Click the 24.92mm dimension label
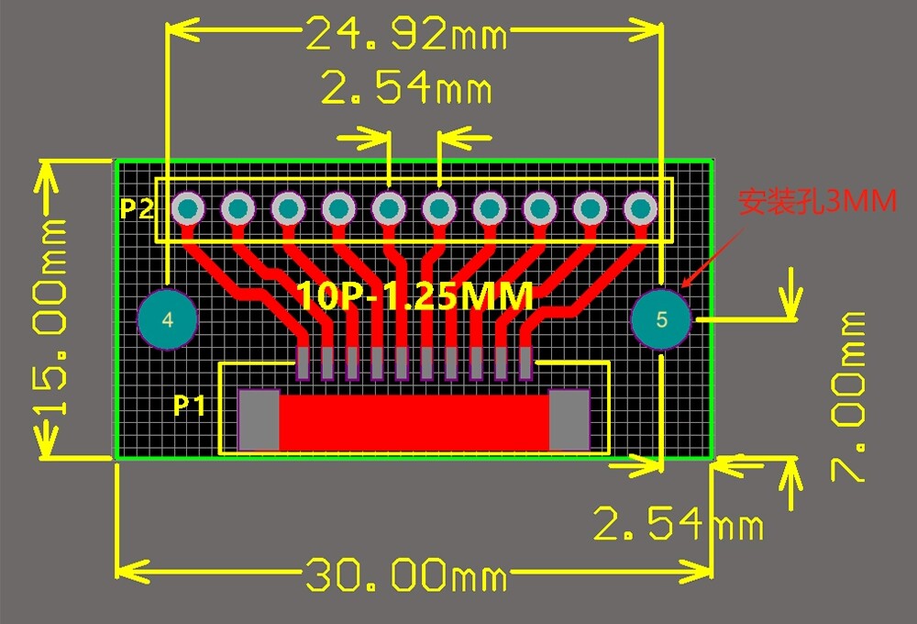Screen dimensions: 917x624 click(x=406, y=33)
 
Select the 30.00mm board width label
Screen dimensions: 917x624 click(x=406, y=574)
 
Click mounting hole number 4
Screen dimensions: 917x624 click(x=167, y=319)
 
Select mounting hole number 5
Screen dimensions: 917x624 click(x=661, y=319)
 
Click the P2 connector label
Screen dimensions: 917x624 click(x=137, y=208)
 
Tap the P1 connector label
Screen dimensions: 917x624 click(x=189, y=405)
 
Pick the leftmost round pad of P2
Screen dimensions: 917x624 click(x=188, y=208)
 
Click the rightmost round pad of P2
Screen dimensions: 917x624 click(x=640, y=208)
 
